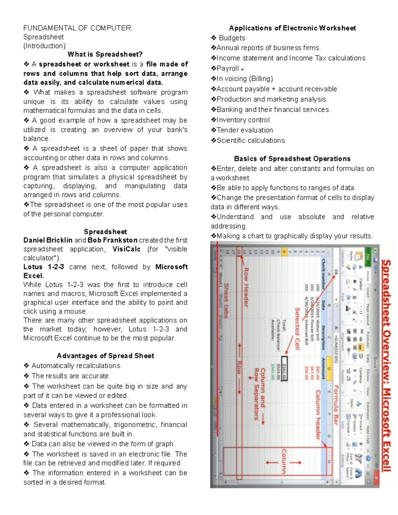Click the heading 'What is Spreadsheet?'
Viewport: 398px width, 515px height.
(105, 54)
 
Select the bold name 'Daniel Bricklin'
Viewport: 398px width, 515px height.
(48, 240)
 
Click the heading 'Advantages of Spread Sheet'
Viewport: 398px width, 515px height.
(105, 356)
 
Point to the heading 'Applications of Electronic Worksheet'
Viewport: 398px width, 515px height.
(292, 28)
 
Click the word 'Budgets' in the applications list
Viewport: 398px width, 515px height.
(232, 38)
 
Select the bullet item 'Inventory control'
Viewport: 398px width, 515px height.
(243, 120)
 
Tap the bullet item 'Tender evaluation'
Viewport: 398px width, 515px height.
(244, 130)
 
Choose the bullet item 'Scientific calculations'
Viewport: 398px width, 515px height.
(250, 141)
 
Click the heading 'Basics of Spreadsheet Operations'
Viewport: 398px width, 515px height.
(292, 159)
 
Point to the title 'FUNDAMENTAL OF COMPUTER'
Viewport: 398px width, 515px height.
(77, 28)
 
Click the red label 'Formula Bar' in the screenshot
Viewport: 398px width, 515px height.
(336, 405)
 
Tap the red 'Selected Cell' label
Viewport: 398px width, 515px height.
(297, 328)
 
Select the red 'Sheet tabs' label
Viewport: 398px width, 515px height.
(227, 300)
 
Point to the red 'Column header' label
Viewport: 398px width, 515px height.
(318, 415)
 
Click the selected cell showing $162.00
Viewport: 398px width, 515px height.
(284, 368)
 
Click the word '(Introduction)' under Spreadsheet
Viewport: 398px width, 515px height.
(44, 46)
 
